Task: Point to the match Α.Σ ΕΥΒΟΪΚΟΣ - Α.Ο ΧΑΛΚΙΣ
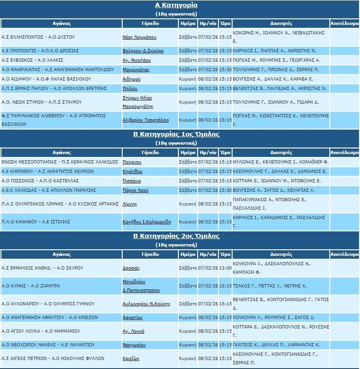click(33, 60)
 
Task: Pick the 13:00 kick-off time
click(226, 268)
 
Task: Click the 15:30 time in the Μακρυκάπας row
click(226, 70)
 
